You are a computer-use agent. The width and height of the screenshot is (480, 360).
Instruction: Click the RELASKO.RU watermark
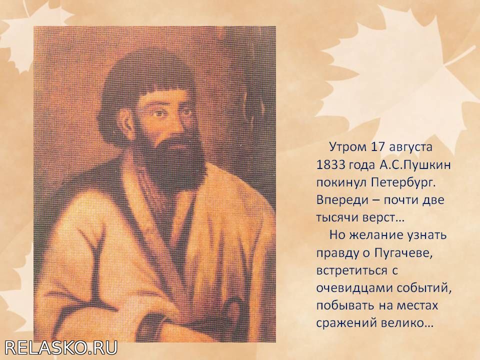[x=61, y=348]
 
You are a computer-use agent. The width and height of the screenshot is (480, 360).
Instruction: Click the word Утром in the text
[x=348, y=147]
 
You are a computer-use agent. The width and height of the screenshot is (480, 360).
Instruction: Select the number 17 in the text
[x=378, y=147]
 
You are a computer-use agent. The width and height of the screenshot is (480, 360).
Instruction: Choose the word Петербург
[x=403, y=183]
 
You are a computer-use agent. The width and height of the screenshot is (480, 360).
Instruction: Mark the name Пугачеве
[x=403, y=253]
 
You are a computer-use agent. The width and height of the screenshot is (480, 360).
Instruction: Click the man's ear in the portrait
[x=125, y=121]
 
